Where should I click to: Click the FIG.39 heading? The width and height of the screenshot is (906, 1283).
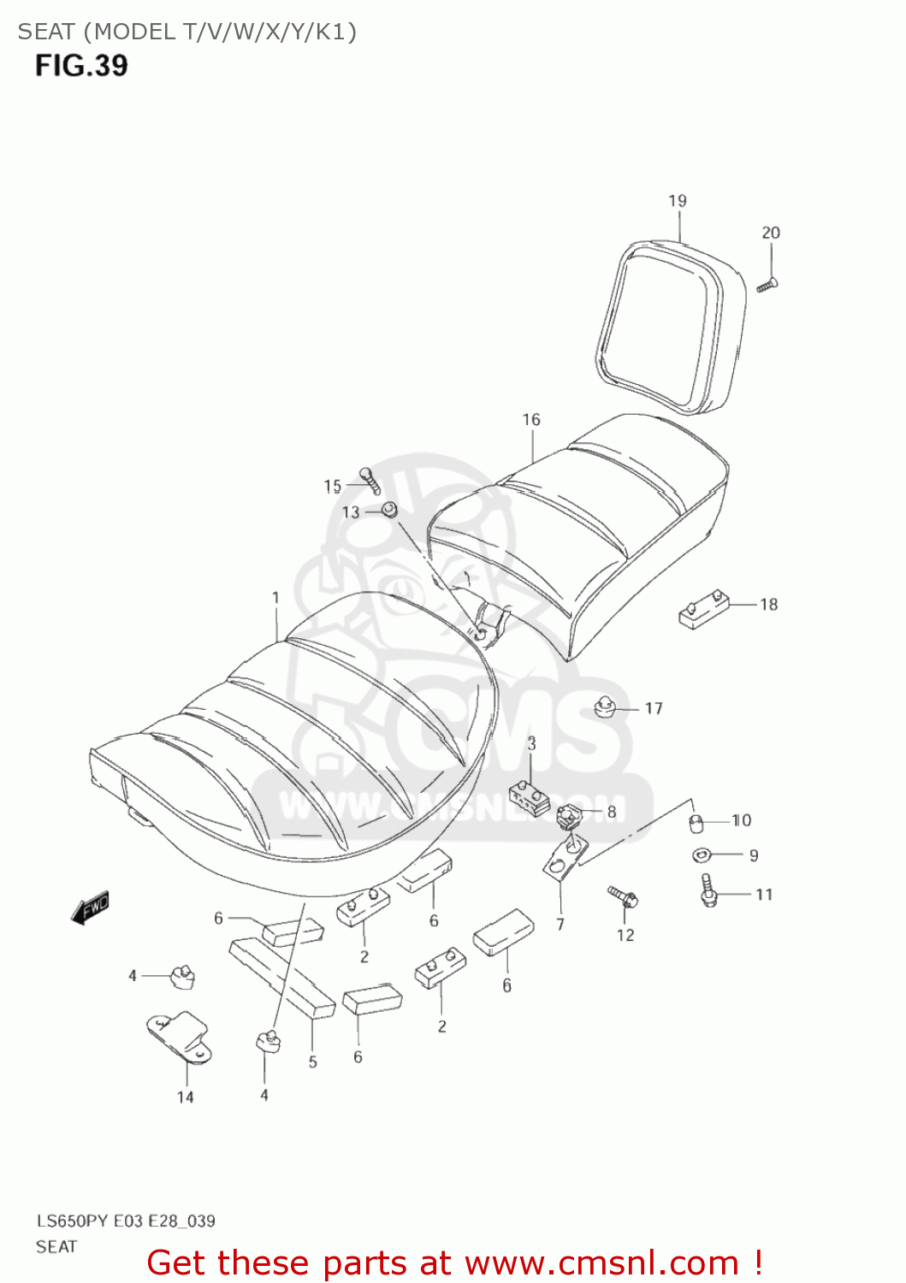pyautogui.click(x=81, y=66)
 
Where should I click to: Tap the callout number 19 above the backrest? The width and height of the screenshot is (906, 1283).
pyautogui.click(x=678, y=201)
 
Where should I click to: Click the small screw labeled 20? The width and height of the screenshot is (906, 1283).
pyautogui.click(x=767, y=286)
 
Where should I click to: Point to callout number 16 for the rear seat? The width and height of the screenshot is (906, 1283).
pyautogui.click(x=531, y=420)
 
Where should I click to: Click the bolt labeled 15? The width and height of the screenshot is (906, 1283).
pyautogui.click(x=370, y=480)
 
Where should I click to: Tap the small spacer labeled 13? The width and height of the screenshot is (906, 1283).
pyautogui.click(x=389, y=511)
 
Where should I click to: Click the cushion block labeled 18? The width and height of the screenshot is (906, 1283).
pyautogui.click(x=704, y=609)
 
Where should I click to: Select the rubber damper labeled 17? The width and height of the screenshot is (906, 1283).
pyautogui.click(x=606, y=707)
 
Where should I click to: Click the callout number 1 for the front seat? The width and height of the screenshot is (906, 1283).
pyautogui.click(x=275, y=598)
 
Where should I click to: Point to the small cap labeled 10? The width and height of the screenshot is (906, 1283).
pyautogui.click(x=696, y=823)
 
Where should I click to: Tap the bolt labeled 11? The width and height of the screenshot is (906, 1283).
pyautogui.click(x=708, y=890)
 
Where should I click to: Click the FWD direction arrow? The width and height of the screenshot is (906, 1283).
pyautogui.click(x=90, y=908)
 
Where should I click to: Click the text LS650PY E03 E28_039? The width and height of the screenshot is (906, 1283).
pyautogui.click(x=126, y=1221)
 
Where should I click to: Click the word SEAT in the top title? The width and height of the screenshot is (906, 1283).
pyautogui.click(x=46, y=32)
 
